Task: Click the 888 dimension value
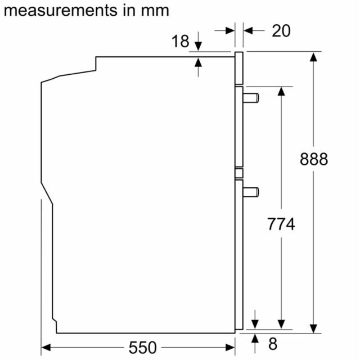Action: [x=314, y=159]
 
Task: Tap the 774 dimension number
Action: [x=281, y=224]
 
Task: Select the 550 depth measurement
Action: [x=142, y=348]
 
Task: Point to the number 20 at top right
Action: [x=281, y=30]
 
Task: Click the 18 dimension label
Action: [x=180, y=41]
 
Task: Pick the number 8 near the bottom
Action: [x=273, y=344]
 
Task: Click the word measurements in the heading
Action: [x=60, y=11]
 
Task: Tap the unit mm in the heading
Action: [x=155, y=11]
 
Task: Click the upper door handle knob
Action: [x=251, y=98]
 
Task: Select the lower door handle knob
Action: [x=251, y=192]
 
